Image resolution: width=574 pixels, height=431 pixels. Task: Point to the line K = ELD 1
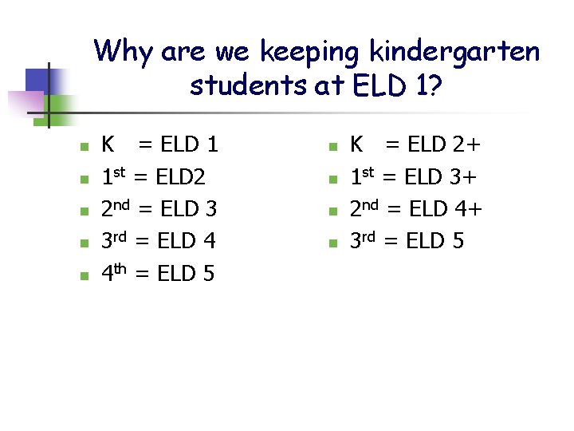[x=159, y=145]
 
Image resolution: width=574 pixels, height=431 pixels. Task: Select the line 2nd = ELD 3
[x=159, y=209]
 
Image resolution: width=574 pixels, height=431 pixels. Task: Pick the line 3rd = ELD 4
[x=159, y=241]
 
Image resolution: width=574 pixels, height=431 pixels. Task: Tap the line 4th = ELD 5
[x=158, y=273]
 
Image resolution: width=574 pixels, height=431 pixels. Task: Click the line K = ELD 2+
[x=415, y=145]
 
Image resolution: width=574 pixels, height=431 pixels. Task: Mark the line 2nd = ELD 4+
[x=416, y=209]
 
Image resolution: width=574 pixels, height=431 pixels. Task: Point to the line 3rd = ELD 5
[x=407, y=241]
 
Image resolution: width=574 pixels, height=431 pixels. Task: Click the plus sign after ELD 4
[x=475, y=210]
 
